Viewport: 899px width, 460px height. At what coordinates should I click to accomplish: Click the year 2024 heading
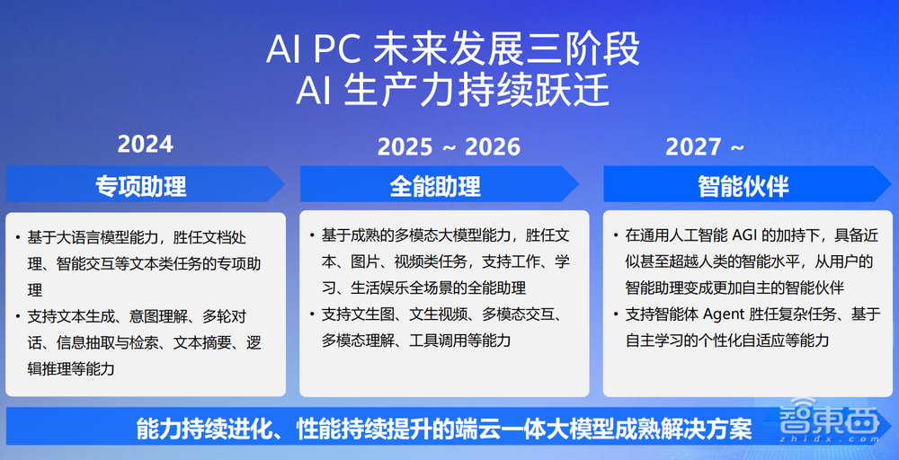tap(146, 144)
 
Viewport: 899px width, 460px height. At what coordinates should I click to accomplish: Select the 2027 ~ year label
tap(706, 146)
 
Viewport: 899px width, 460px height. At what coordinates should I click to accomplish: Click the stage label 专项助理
tap(141, 185)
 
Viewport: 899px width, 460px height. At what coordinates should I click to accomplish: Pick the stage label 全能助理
tap(435, 185)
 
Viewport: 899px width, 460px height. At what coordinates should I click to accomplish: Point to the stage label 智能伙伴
tap(743, 185)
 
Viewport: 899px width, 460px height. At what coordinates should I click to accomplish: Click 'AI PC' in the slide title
tap(314, 50)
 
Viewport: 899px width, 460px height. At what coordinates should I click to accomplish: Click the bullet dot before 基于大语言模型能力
tap(18, 238)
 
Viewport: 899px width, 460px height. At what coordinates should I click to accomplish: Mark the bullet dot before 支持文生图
tap(312, 314)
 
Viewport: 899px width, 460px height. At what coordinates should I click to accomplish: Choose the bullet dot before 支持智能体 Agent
tap(616, 314)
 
